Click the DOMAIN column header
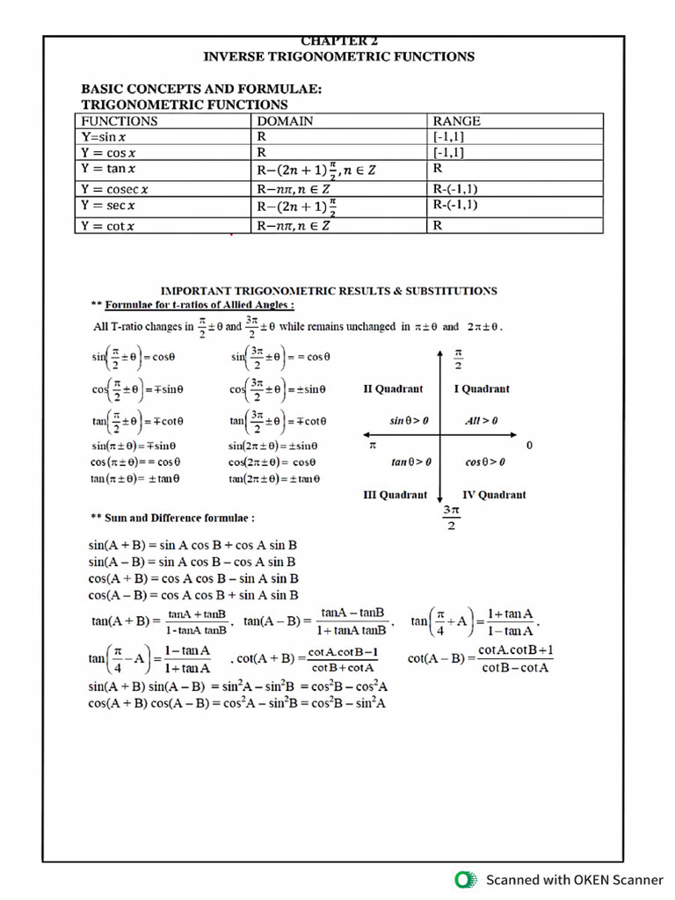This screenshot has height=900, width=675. [285, 121]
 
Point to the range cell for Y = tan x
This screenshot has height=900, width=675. [438, 168]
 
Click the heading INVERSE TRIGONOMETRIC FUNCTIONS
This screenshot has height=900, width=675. [338, 57]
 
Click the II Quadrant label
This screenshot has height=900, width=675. [393, 388]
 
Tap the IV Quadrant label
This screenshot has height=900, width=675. [494, 495]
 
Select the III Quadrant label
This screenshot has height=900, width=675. [396, 495]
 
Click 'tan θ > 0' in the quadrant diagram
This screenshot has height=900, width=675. [411, 461]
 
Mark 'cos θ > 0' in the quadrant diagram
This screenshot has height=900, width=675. [485, 461]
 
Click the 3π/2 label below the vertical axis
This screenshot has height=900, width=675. [451, 518]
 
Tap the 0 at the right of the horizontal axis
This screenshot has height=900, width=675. [529, 446]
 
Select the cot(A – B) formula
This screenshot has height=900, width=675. [481, 658]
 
